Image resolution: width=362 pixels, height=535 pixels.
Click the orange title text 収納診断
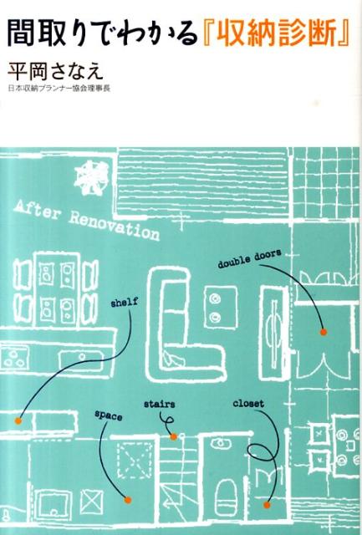(x=276, y=34)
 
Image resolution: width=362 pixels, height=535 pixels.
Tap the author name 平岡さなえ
(x=55, y=71)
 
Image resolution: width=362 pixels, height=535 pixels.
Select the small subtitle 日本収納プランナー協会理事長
(x=59, y=89)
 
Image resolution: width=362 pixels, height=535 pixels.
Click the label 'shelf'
(x=125, y=303)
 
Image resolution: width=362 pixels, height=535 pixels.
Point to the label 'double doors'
(x=249, y=258)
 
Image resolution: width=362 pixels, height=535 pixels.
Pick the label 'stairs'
(x=160, y=404)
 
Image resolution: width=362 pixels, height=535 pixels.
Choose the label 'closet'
(x=248, y=403)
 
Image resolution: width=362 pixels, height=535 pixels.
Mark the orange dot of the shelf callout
(x=18, y=420)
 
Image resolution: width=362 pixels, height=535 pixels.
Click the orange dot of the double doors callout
(x=323, y=332)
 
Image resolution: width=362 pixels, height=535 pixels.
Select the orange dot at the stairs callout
(x=173, y=436)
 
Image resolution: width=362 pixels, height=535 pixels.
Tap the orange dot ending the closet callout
(x=267, y=505)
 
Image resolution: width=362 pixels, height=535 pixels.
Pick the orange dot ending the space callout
(x=128, y=500)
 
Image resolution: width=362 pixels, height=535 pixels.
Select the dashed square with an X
(x=134, y=461)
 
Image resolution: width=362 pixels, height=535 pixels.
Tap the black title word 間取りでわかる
(x=102, y=34)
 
